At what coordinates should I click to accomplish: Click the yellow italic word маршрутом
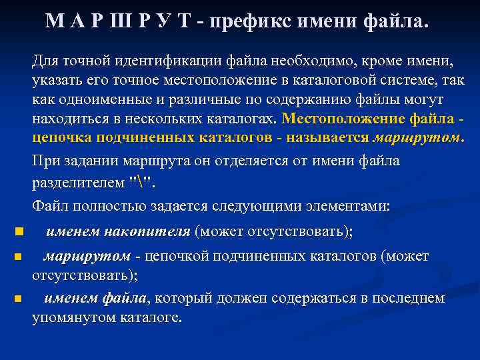point(416,138)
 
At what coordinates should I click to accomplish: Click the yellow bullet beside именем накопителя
point(18,232)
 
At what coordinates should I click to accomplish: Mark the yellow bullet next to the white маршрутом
point(18,257)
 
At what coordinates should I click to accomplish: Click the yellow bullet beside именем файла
point(18,299)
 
